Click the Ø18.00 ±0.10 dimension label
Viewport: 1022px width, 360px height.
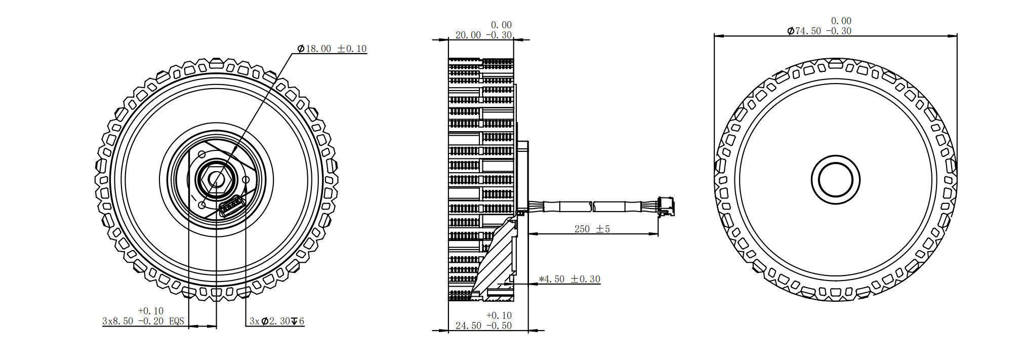[x=332, y=49]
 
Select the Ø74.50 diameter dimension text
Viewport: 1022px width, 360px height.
[x=819, y=31]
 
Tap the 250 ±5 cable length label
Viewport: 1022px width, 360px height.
[x=592, y=229]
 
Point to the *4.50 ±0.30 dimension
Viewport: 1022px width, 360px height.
[x=569, y=279]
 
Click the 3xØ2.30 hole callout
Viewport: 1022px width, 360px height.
[x=277, y=321]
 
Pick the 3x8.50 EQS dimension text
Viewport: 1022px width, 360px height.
[x=143, y=321]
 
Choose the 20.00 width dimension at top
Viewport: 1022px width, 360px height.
[x=483, y=35]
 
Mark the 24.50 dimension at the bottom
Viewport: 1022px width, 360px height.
[x=483, y=326]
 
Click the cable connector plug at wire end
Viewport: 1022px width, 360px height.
[x=666, y=206]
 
